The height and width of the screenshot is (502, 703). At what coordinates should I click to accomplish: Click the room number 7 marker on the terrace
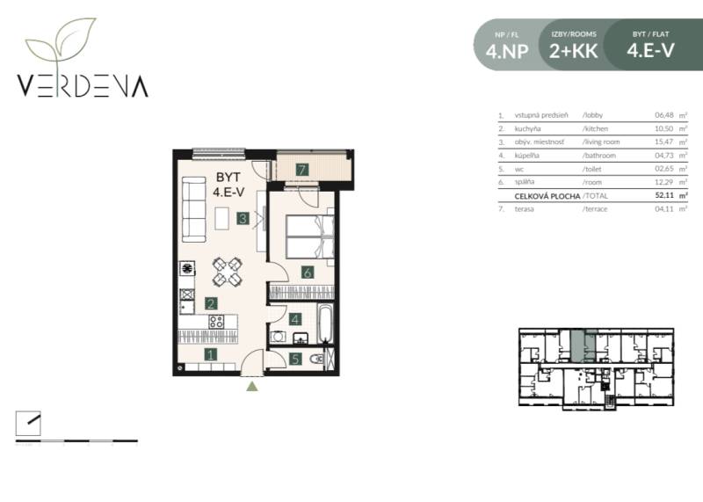[301, 170]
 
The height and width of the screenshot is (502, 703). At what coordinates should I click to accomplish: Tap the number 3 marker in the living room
[242, 219]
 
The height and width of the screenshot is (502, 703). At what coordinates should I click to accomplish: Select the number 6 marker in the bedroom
[308, 273]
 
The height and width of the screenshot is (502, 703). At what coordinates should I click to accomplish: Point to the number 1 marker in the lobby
[211, 355]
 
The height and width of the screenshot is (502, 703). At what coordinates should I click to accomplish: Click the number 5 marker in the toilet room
[296, 359]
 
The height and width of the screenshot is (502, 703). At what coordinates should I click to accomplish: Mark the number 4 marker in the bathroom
[296, 320]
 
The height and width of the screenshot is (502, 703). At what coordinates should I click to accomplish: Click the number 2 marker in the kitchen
[211, 303]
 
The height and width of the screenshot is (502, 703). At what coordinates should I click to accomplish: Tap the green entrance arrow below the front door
[252, 384]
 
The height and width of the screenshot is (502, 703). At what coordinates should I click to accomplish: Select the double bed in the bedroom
[309, 236]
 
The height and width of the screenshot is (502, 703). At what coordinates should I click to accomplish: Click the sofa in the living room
[193, 209]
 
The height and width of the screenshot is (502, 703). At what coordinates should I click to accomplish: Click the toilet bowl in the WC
[320, 359]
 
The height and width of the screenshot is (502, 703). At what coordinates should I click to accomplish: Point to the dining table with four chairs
[228, 272]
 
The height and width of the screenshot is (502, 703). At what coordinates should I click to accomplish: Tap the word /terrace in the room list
[598, 209]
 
